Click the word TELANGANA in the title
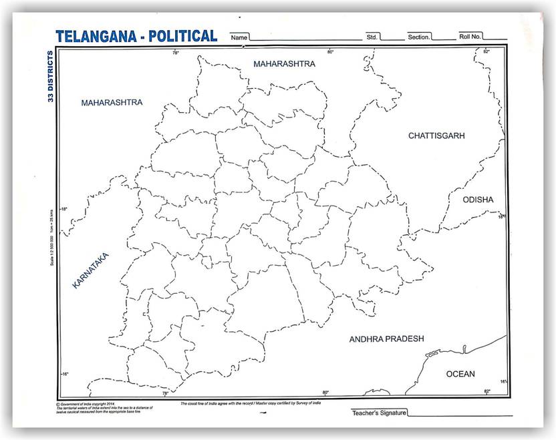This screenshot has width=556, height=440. tap(98, 36)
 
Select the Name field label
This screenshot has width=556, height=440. tap(239, 37)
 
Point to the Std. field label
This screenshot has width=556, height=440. tap(372, 37)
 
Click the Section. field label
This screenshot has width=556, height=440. tap(419, 37)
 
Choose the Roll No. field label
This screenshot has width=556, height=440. tap(470, 37)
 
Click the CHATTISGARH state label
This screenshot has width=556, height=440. tap(436, 136)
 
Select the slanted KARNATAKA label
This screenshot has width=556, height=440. tap(90, 270)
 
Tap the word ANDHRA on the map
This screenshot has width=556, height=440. tap(368, 339)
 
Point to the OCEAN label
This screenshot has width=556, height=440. tap(460, 374)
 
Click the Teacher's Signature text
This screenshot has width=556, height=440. tap(379, 413)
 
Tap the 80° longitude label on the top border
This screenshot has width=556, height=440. tap(329, 51)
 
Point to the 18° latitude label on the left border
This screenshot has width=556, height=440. tap(64, 209)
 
